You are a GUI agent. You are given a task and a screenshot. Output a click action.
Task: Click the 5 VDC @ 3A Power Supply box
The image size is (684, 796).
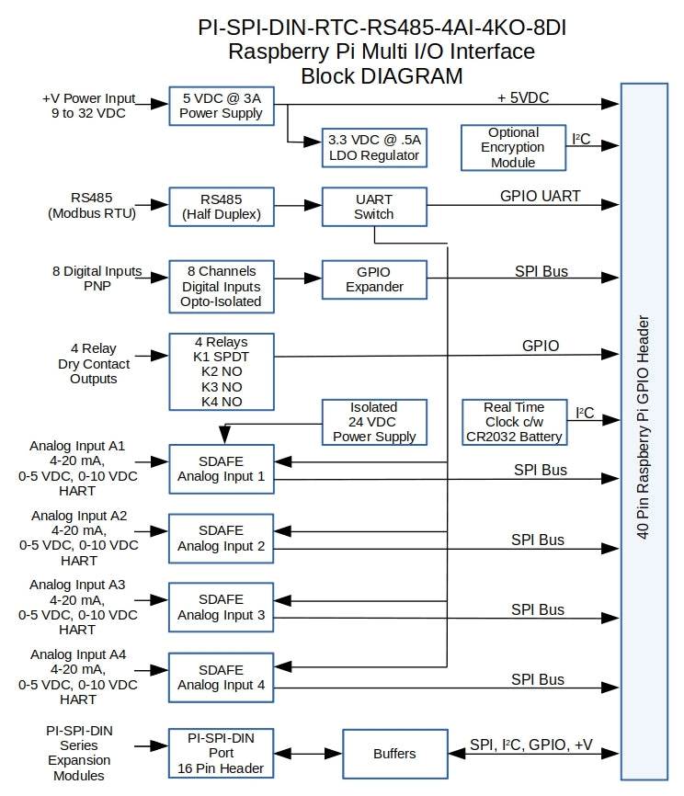(x=222, y=106)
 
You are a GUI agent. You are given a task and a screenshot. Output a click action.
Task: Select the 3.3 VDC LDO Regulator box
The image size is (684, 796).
(x=374, y=148)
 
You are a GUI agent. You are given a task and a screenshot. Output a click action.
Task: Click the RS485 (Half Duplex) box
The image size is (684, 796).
(x=222, y=207)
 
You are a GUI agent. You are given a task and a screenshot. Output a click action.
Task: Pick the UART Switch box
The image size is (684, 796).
(x=374, y=207)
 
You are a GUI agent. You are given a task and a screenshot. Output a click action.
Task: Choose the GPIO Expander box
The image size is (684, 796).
(x=374, y=279)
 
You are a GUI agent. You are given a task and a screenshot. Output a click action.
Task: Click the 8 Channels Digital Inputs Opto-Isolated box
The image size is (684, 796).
(x=222, y=286)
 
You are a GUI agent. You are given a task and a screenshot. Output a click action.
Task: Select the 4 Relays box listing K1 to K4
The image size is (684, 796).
(x=222, y=371)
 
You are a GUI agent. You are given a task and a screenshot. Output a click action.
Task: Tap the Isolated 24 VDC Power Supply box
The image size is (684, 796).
(x=374, y=422)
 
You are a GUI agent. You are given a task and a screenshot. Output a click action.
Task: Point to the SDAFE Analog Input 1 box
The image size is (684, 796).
(x=222, y=469)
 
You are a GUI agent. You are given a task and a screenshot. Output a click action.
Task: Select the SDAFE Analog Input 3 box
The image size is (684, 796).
(x=222, y=607)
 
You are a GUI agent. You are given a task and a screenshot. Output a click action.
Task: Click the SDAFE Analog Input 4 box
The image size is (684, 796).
(x=222, y=677)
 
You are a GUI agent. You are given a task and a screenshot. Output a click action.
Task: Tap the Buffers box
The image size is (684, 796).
(x=393, y=754)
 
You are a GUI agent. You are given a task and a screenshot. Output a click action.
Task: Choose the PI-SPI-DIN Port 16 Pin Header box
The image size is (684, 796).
(x=222, y=753)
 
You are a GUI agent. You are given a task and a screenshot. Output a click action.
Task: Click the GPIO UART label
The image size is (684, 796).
(x=540, y=196)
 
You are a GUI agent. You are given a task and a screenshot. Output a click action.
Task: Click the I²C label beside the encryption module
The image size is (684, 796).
(x=582, y=140)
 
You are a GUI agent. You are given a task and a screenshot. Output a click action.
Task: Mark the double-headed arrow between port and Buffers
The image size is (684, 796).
(x=308, y=754)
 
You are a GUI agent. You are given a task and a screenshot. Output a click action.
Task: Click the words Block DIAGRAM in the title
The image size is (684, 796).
(x=382, y=75)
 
